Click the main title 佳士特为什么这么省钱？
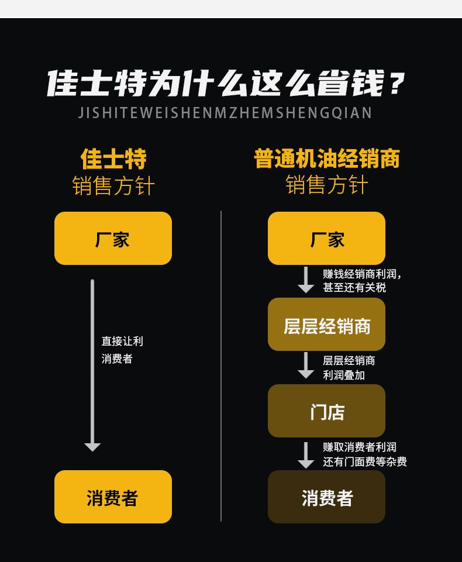226,84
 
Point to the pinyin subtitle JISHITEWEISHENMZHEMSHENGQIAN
225,113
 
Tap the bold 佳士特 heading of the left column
113,159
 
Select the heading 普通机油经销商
326,158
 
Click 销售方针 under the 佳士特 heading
113,185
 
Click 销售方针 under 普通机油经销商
326,185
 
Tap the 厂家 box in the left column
113,239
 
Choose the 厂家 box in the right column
326,239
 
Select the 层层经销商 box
326,325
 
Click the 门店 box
326,411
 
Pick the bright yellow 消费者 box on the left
113,497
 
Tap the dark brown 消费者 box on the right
326,497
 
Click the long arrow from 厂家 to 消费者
92,366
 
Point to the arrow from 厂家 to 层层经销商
306,280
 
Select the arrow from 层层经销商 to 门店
306,366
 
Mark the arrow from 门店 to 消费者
306,455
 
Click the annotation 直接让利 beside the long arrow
122,341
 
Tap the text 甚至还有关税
354,288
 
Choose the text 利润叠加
344,375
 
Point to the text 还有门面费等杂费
365,461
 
